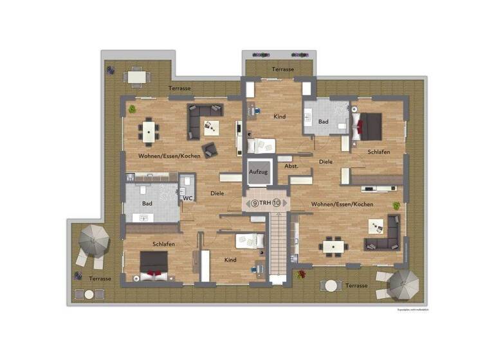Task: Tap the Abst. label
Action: [x=292, y=166]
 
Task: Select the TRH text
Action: [x=265, y=203]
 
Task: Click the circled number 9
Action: [x=255, y=203]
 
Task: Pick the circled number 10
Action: [x=277, y=203]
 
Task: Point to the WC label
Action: [x=187, y=198]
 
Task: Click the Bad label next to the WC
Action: [x=147, y=204]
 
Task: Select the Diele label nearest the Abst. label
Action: [x=326, y=161]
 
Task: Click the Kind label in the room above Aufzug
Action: [x=280, y=116]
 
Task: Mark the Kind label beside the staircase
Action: [x=230, y=260]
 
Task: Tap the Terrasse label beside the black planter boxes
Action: [x=283, y=69]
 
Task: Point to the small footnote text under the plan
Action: [x=412, y=310]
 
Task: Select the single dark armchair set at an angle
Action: [x=210, y=150]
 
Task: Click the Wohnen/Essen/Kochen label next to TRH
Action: [x=342, y=204]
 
